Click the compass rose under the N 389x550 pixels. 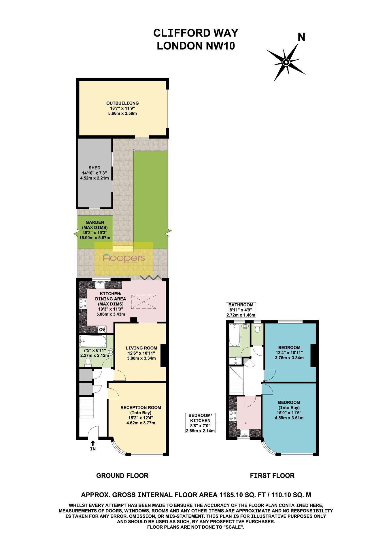286,62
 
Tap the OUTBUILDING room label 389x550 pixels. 122,103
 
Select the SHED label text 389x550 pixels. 95,168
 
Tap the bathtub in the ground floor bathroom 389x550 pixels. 93,342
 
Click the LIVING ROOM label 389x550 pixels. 141,348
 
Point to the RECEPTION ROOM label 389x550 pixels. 141,407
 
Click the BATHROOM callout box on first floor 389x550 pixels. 241,310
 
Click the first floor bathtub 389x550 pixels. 235,335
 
